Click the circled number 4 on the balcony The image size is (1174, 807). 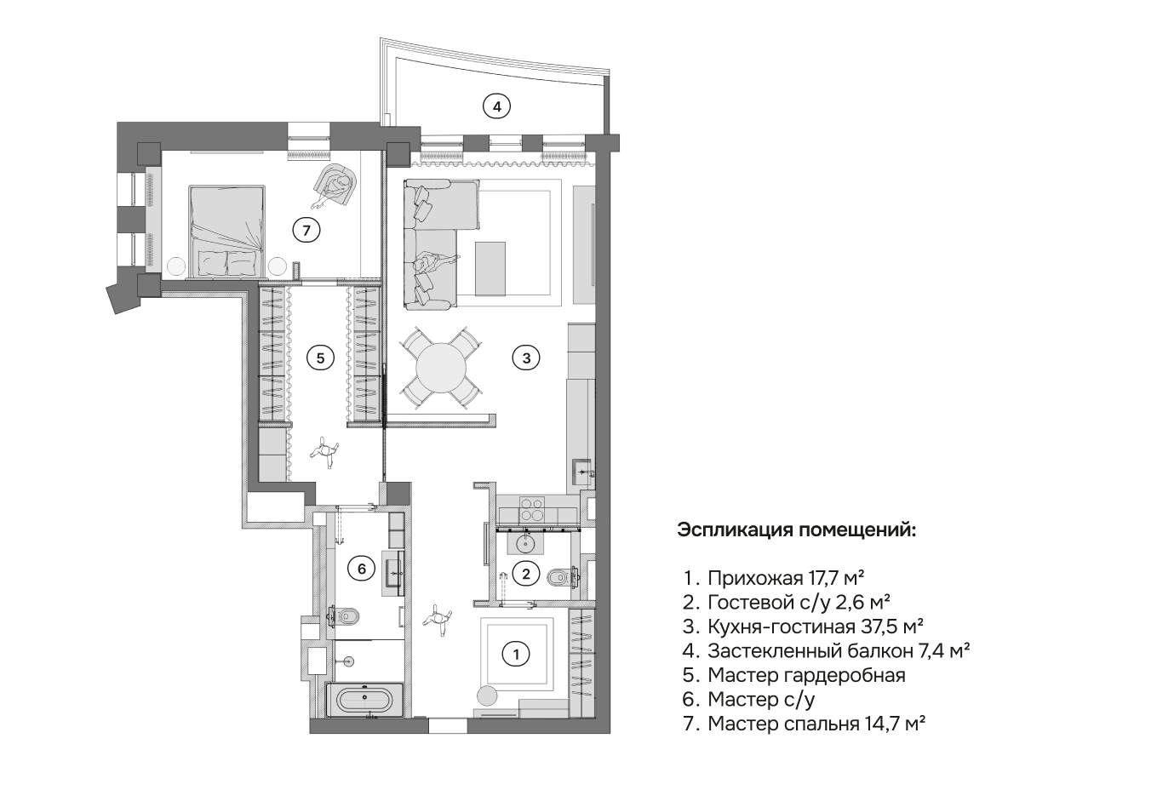click(496, 107)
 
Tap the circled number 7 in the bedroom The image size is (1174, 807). click(306, 230)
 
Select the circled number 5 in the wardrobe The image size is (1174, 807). click(320, 358)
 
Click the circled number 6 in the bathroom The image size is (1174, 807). click(361, 568)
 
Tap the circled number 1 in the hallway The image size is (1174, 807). click(516, 654)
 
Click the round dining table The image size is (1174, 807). click(441, 368)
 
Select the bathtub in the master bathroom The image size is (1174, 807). click(364, 700)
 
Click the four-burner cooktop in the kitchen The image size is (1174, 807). click(532, 508)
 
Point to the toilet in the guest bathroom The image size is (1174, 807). click(562, 577)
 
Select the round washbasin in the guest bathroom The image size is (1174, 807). click(524, 543)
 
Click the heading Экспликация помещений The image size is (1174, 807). click(796, 530)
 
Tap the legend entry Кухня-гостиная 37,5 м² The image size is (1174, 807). click(816, 627)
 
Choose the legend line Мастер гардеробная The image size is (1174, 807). click(806, 675)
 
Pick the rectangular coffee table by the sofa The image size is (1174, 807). click(490, 269)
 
